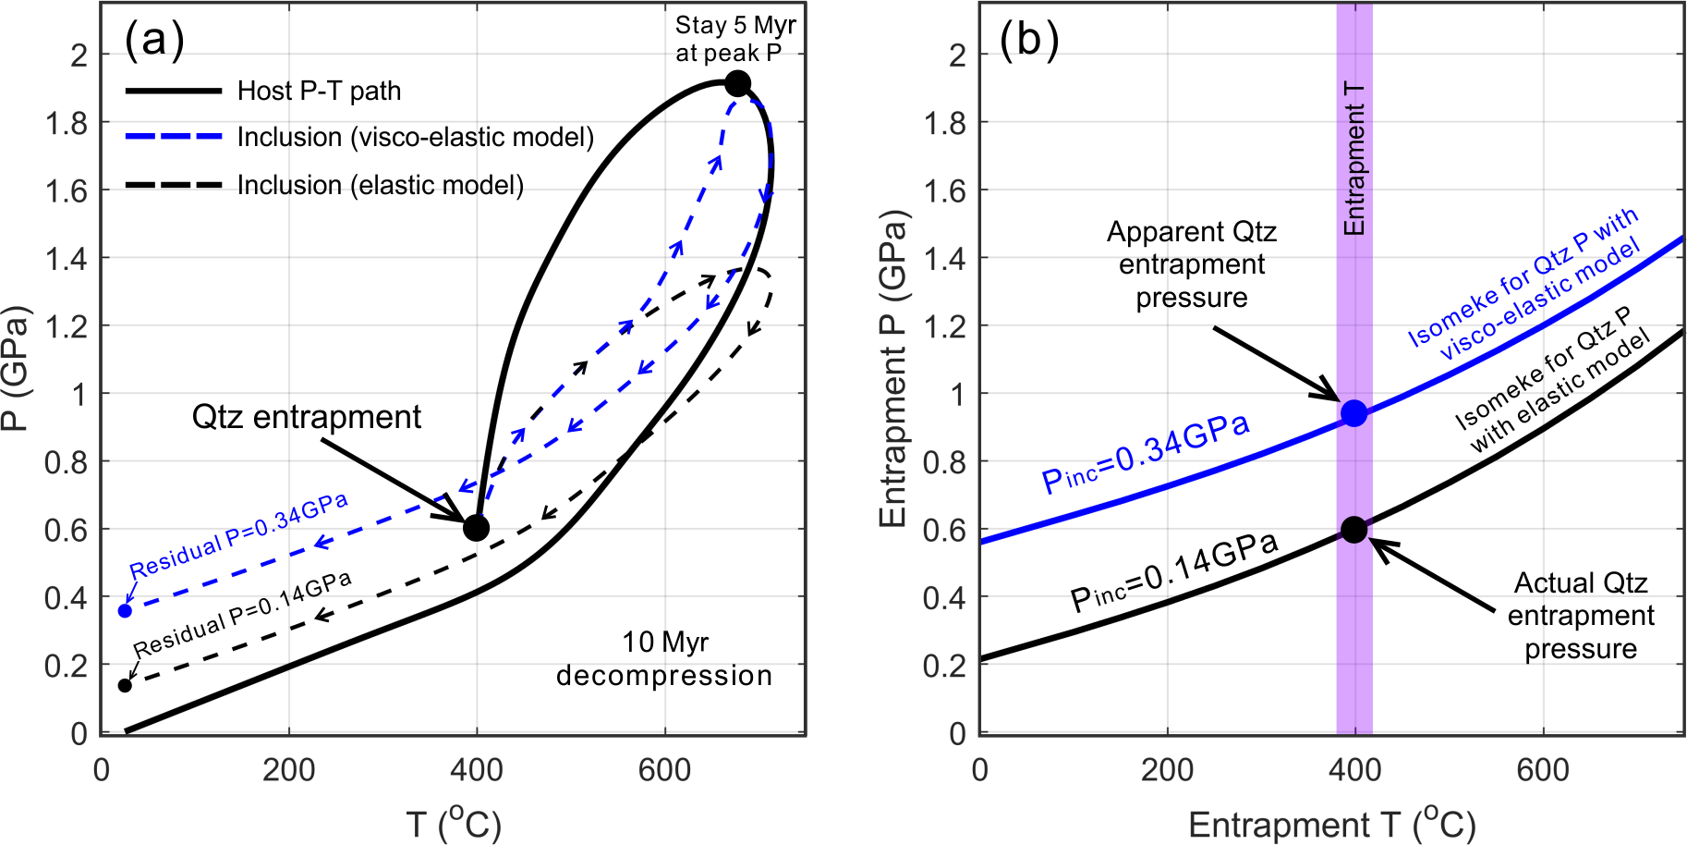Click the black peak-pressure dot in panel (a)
pyautogui.click(x=736, y=84)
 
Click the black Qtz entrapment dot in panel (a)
pyautogui.click(x=476, y=528)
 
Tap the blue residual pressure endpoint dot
pyautogui.click(x=125, y=611)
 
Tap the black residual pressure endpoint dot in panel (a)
pyautogui.click(x=125, y=685)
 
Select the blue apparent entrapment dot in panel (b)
pyautogui.click(x=1353, y=413)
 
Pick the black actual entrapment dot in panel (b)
pyautogui.click(x=1353, y=530)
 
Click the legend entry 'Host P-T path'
pyautogui.click(x=318, y=91)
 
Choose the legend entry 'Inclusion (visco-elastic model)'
pyautogui.click(x=415, y=137)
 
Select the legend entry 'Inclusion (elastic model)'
pyautogui.click(x=380, y=185)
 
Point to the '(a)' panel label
pyautogui.click(x=154, y=40)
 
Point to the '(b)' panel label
pyautogui.click(x=1029, y=40)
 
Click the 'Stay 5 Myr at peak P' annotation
pyautogui.click(x=734, y=39)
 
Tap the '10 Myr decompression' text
pyautogui.click(x=664, y=658)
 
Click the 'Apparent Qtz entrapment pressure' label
pyautogui.click(x=1192, y=264)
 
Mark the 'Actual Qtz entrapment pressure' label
pyautogui.click(x=1580, y=616)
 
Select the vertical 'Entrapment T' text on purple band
pyautogui.click(x=1354, y=157)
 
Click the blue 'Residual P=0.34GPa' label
pyautogui.click(x=238, y=535)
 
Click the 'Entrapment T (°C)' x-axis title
pyautogui.click(x=1331, y=824)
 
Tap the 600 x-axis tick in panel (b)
pyautogui.click(x=1542, y=769)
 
